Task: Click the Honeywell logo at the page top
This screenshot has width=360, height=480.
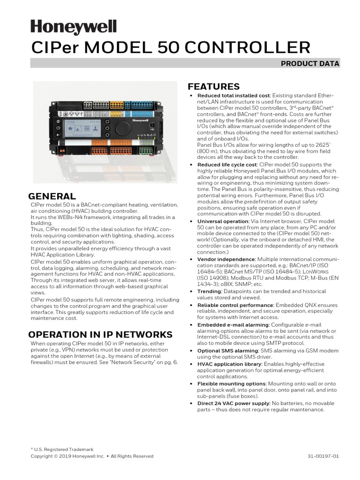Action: click(74, 28)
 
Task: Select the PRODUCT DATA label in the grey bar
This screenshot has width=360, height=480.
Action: click(310, 64)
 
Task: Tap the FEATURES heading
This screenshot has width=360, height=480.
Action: click(213, 87)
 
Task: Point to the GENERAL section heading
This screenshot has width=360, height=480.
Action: click(52, 196)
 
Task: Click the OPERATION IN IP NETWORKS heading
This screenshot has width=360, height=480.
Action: click(100, 335)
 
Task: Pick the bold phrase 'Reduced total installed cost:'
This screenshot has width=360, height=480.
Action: click(234, 96)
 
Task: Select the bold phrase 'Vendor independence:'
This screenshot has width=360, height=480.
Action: click(226, 259)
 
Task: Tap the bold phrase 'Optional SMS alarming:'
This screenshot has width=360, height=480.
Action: click(228, 351)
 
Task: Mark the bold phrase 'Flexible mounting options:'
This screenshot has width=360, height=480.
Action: click(232, 383)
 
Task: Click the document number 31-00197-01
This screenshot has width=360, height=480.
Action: click(323, 456)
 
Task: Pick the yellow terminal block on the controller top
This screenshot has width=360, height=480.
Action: click(117, 106)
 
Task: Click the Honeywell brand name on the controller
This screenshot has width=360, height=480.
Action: click(140, 120)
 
